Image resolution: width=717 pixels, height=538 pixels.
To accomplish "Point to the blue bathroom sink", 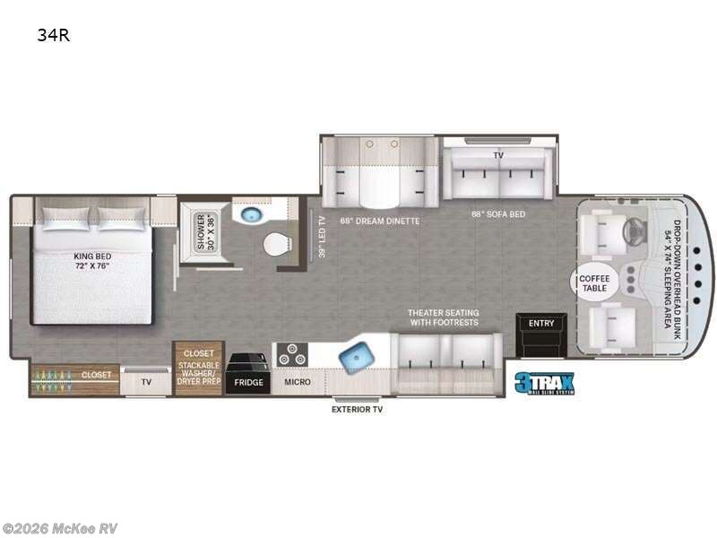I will (249, 213).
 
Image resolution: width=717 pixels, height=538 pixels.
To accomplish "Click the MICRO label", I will (298, 382).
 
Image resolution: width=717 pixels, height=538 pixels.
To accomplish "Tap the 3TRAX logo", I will (544, 383).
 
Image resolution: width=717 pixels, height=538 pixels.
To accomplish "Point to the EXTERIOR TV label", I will (358, 410).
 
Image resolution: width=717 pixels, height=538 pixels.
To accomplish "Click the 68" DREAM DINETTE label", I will (379, 221).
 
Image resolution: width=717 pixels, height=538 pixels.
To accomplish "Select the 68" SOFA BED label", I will (498, 214).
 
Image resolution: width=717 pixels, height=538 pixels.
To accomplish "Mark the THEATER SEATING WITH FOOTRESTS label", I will (444, 317).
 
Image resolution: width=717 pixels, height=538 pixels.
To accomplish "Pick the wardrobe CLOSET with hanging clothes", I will (74, 375).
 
